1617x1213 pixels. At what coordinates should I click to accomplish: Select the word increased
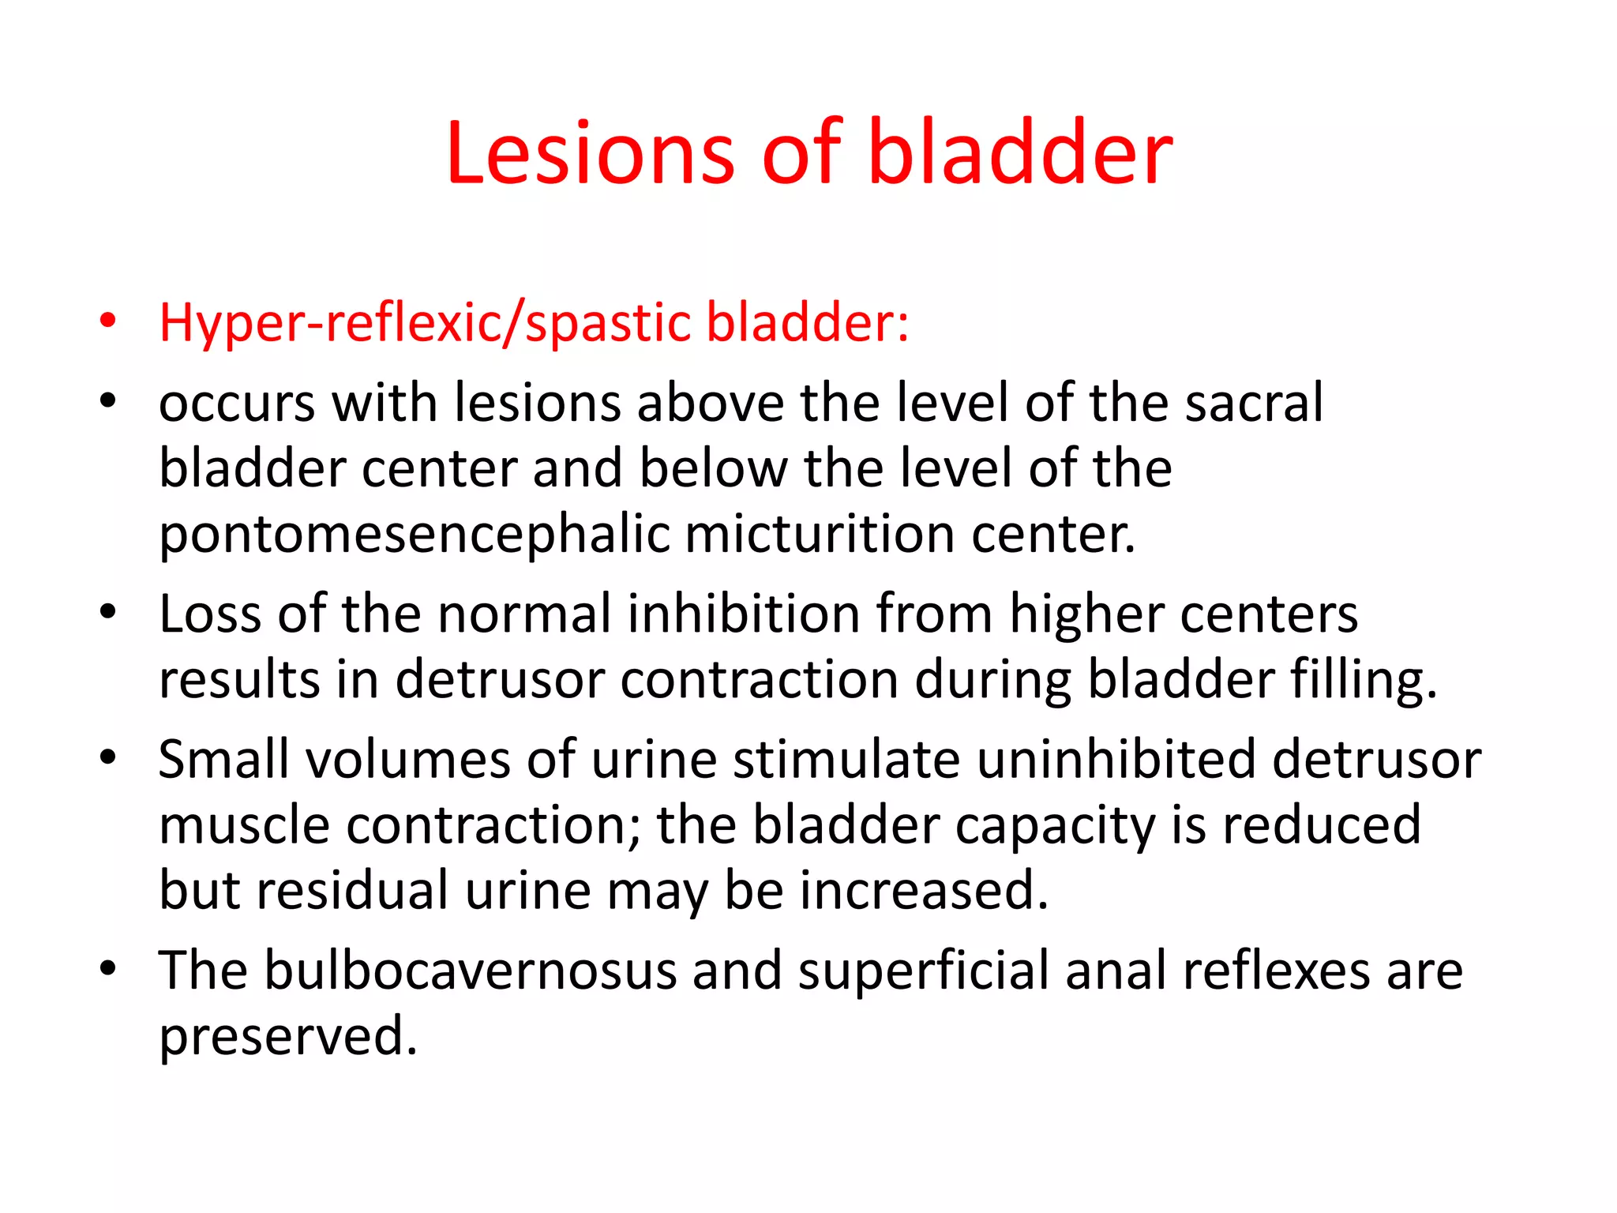coord(924,891)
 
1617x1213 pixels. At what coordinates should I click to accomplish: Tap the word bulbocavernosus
coord(470,971)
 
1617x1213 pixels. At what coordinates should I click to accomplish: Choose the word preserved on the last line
coord(287,1037)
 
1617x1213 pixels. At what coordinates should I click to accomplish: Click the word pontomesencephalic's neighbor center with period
coord(1053,535)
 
